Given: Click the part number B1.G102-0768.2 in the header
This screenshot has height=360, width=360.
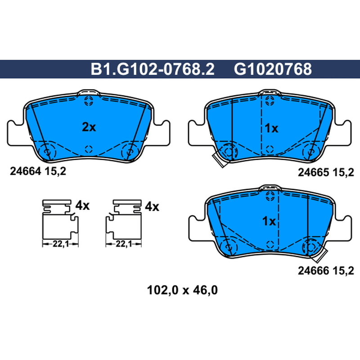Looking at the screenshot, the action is (153, 69).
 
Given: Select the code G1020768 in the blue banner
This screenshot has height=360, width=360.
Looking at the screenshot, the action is (273, 69).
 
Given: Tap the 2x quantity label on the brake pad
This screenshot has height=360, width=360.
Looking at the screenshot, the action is (89, 127).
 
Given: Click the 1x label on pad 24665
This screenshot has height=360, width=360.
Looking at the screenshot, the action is (271, 128).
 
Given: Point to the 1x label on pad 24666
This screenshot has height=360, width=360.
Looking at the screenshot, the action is (269, 221).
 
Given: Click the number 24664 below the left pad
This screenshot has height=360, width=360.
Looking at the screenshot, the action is (25, 171).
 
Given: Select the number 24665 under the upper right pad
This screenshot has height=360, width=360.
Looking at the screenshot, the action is (313, 172).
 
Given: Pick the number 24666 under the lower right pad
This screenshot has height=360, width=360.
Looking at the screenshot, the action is (313, 271).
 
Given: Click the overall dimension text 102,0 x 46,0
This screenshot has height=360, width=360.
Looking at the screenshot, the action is (182, 290).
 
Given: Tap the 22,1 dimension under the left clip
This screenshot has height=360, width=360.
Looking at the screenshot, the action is (61, 244).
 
